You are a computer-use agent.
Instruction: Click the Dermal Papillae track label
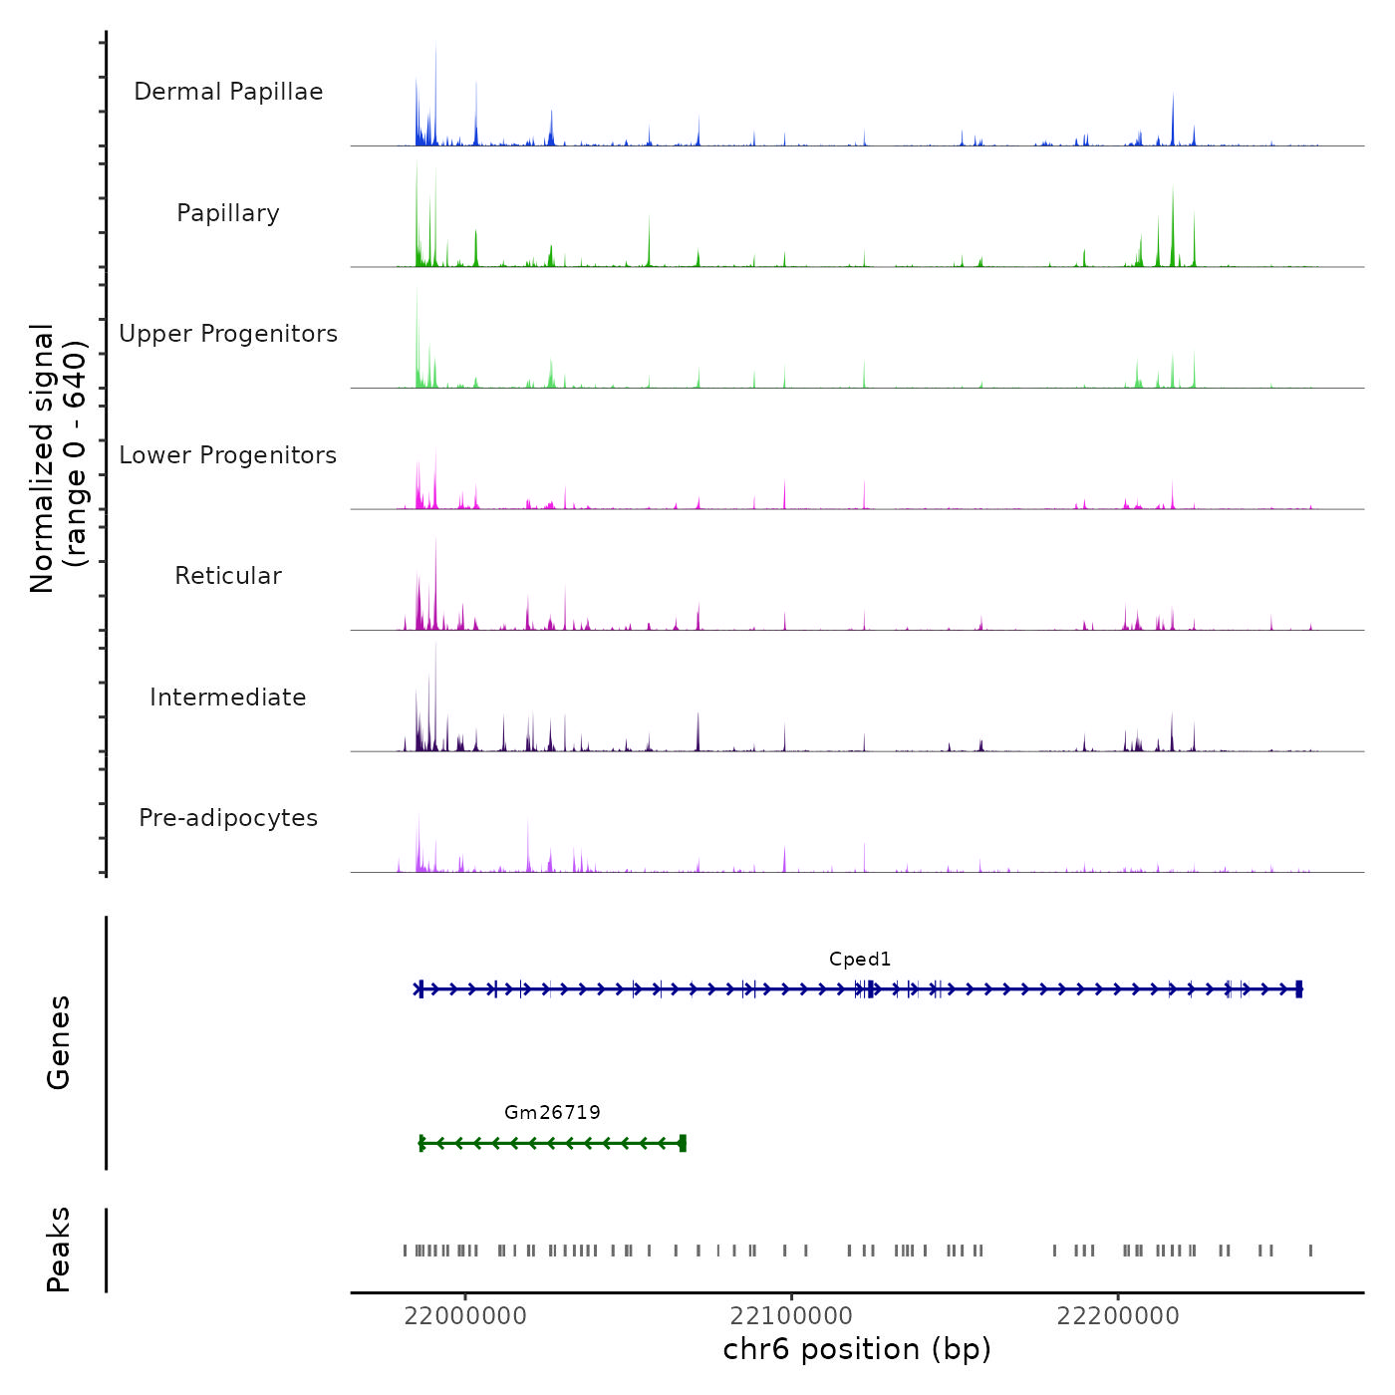pyautogui.click(x=228, y=92)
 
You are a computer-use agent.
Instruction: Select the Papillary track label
pyautogui.click(x=228, y=213)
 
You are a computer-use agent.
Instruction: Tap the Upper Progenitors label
pyautogui.click(x=228, y=334)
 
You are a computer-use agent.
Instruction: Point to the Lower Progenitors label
pyautogui.click(x=228, y=455)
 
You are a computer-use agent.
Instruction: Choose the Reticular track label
pyautogui.click(x=228, y=576)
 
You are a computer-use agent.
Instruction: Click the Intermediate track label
pyautogui.click(x=228, y=697)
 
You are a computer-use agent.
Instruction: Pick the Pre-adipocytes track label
pyautogui.click(x=228, y=818)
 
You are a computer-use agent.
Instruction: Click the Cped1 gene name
pyautogui.click(x=860, y=960)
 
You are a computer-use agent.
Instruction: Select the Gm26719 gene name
pyautogui.click(x=552, y=1113)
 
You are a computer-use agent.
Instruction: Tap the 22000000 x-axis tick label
pyautogui.click(x=465, y=1316)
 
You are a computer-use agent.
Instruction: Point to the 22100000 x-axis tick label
pyautogui.click(x=791, y=1316)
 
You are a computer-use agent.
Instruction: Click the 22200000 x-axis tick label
pyautogui.click(x=1118, y=1316)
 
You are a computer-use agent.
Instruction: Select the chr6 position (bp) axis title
pyautogui.click(x=857, y=1349)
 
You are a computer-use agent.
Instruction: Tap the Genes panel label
pyautogui.click(x=59, y=1042)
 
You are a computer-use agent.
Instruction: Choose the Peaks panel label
pyautogui.click(x=59, y=1250)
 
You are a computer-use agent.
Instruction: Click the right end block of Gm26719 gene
pyautogui.click(x=683, y=1143)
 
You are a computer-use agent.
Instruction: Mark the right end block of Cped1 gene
pyautogui.click(x=1298, y=989)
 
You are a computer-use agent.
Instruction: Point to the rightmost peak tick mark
pyautogui.click(x=1310, y=1251)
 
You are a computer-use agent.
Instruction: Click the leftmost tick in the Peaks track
pyautogui.click(x=405, y=1251)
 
